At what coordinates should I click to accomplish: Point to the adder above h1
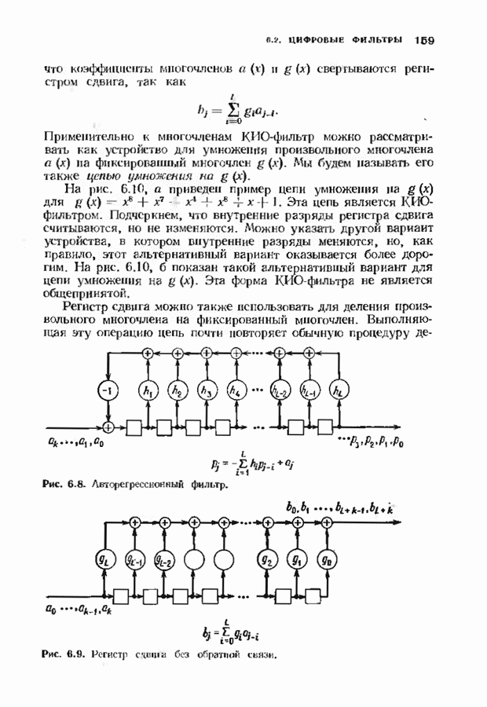tap(148, 354)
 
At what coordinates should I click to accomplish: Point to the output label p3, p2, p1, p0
tap(372, 444)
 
